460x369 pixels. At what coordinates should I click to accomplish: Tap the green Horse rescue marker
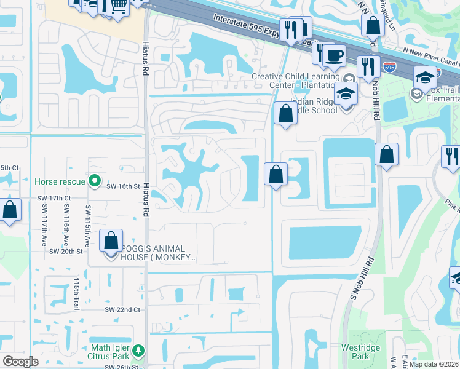94,181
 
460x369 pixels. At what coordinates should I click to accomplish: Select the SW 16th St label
124,185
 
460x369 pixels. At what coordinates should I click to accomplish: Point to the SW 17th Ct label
54,198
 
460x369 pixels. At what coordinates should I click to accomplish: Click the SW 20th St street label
66,251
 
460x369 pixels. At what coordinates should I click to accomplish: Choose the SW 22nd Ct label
122,309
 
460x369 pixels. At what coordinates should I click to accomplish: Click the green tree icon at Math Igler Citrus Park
139,351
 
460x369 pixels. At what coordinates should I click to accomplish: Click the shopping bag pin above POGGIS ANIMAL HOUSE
111,240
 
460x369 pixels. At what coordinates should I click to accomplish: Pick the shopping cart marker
118,5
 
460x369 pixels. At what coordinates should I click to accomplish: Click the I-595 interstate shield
389,66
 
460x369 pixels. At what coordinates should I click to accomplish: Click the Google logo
21,361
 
